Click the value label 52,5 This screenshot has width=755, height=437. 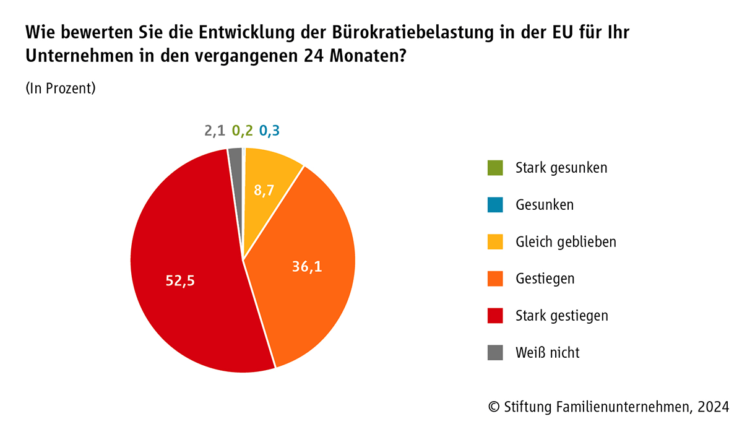[180, 280]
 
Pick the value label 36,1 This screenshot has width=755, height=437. [308, 267]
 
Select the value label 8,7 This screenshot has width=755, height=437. [264, 190]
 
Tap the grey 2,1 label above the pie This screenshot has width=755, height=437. [215, 131]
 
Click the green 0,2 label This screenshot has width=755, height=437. [242, 131]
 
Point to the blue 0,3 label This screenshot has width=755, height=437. [269, 131]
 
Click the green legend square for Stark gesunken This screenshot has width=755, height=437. [495, 168]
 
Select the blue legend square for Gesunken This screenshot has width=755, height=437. [495, 205]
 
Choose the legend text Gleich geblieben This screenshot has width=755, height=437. [566, 241]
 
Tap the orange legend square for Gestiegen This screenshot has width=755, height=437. [495, 279]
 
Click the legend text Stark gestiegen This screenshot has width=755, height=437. [561, 316]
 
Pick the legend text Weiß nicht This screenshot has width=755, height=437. [547, 353]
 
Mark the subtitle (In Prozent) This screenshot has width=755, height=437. [61, 89]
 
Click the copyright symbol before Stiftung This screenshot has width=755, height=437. [494, 407]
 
